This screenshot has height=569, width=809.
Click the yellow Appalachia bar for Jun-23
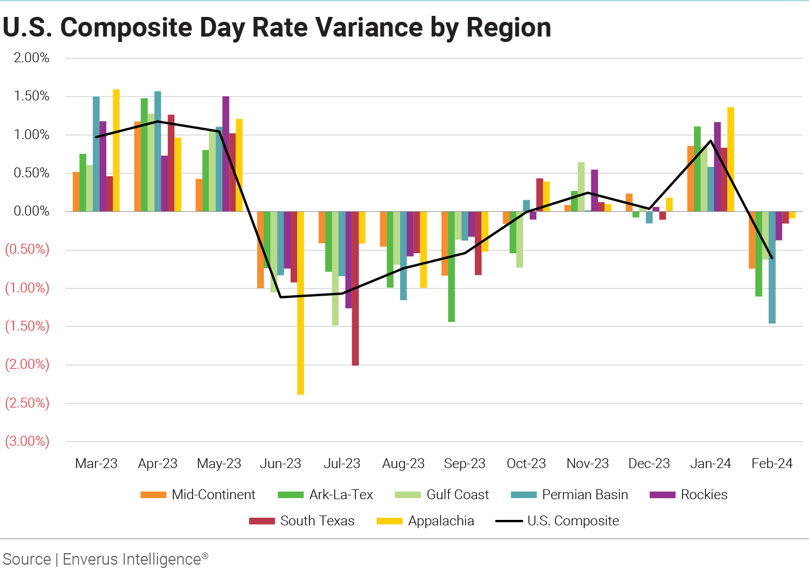point(300,303)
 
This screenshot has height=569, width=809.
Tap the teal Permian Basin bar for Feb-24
point(772,267)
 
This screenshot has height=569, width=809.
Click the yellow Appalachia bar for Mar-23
point(116,150)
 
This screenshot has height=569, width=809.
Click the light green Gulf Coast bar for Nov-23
point(581,187)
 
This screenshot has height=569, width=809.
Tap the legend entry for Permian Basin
point(570,495)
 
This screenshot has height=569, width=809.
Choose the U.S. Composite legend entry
point(557,521)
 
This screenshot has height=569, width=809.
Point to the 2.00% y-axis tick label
point(32,58)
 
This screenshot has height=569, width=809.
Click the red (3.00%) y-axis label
point(27,441)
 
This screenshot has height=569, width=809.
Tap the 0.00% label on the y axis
point(32,211)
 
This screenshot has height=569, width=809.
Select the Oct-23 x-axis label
point(526,464)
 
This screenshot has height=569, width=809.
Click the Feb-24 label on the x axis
point(771,464)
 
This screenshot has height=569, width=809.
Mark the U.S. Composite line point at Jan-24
point(711,141)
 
